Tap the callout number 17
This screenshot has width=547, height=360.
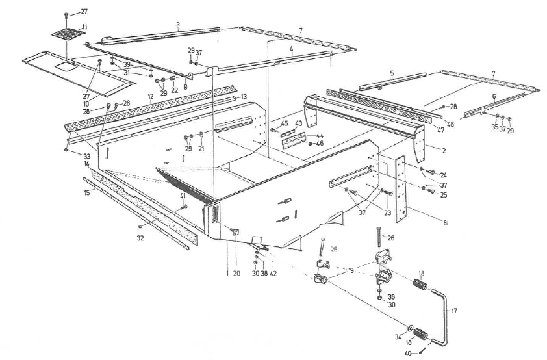[x=454, y=311]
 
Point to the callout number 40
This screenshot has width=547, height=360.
[x=409, y=353]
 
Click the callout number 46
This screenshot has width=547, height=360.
[x=302, y=142]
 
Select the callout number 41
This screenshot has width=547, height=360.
[x=183, y=195]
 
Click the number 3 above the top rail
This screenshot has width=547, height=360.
[x=177, y=25]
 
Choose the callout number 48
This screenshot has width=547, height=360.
[x=449, y=123]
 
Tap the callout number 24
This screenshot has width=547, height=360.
[x=444, y=175]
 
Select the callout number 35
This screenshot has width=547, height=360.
[x=494, y=127]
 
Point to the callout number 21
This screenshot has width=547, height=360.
[x=201, y=149]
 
